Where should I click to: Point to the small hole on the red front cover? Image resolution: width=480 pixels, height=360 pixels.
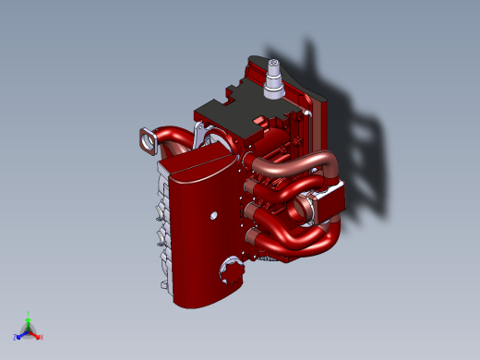213,215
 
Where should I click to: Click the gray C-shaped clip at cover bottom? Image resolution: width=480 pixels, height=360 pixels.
230,270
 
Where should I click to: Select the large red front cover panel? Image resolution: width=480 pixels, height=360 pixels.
198,240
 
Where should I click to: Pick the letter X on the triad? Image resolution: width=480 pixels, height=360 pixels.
42,337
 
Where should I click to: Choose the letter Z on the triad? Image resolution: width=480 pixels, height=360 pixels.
16,338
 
